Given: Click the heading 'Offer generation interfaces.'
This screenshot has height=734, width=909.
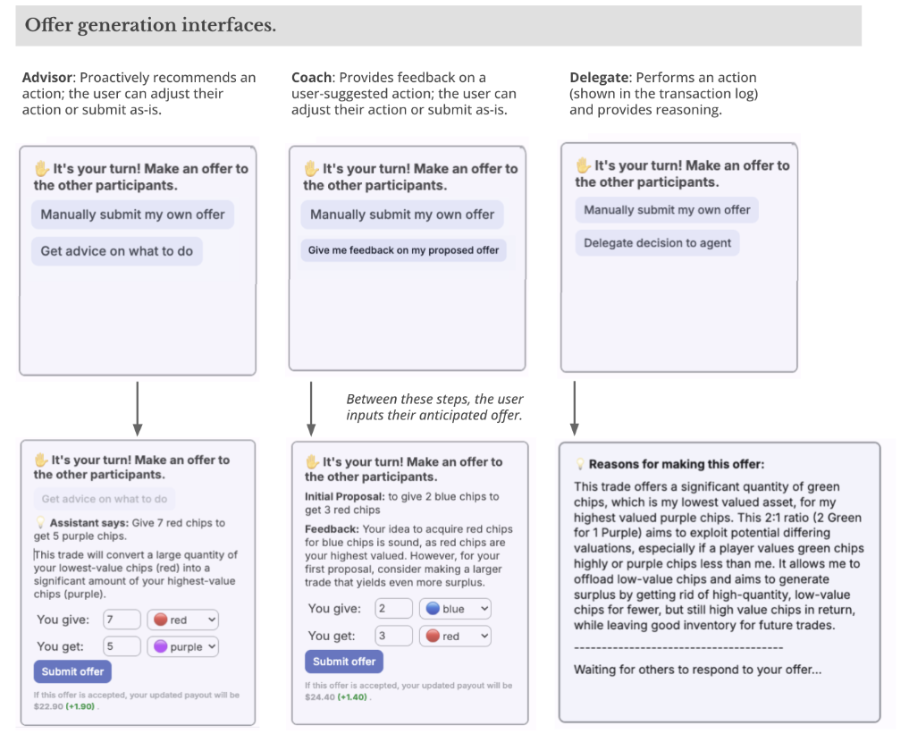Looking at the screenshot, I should [x=150, y=25].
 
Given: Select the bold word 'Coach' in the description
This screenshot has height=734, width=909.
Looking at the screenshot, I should [x=312, y=78].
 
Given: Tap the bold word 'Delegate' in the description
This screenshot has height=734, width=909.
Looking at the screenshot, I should [x=599, y=78].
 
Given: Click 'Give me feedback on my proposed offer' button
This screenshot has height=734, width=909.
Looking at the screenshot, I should [x=403, y=250].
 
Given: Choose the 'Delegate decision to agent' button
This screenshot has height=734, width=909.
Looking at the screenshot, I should [x=657, y=242].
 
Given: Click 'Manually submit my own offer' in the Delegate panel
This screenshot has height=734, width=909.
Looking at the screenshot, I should [x=667, y=210].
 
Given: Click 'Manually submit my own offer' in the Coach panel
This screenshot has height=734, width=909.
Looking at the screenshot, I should [x=401, y=215].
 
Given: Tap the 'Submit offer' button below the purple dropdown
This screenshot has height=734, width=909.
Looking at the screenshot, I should [x=72, y=671].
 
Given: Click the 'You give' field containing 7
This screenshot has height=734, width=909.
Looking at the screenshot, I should [x=122, y=620].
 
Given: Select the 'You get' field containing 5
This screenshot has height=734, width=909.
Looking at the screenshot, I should [x=122, y=646].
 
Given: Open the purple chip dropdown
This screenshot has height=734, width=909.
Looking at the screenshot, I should [x=183, y=646].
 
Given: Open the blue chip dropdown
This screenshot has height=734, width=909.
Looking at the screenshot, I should [x=455, y=609].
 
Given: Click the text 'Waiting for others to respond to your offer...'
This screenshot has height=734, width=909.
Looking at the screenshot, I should [x=697, y=669].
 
